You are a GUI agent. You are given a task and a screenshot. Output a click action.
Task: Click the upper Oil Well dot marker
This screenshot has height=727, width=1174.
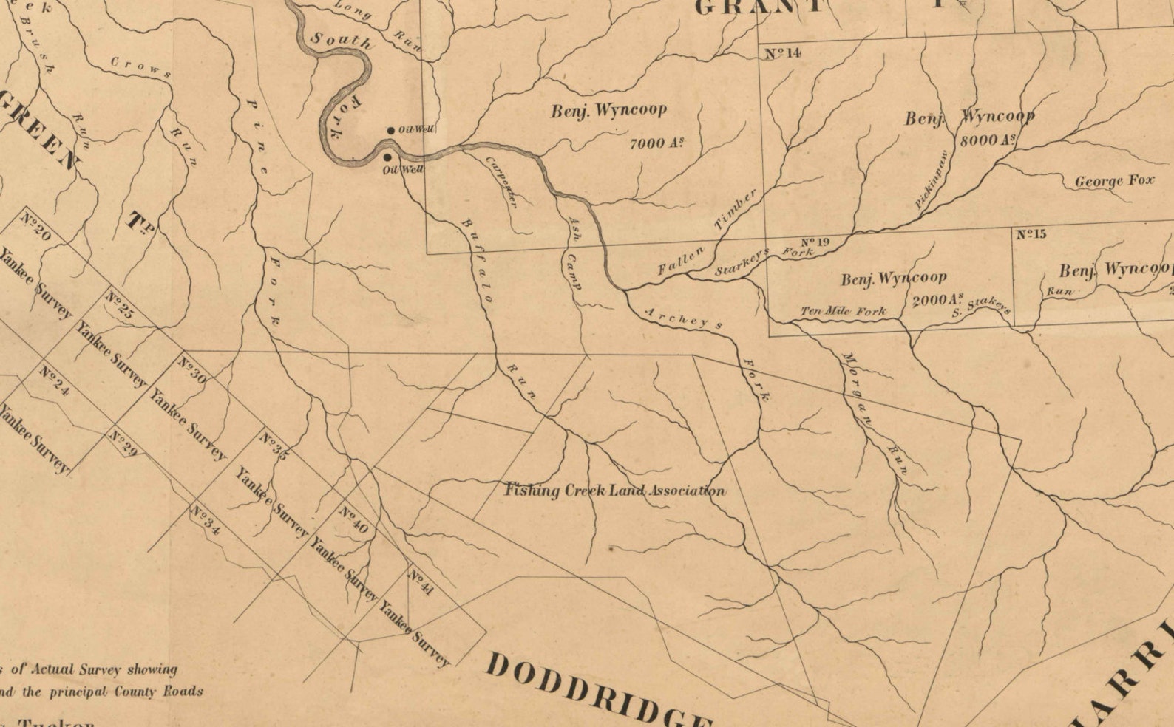391,131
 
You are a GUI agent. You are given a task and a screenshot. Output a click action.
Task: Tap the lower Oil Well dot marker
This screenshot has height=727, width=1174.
387,157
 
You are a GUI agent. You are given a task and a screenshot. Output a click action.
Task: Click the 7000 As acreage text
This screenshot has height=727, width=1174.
655,143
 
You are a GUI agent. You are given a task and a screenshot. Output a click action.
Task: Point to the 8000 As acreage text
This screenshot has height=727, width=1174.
987,139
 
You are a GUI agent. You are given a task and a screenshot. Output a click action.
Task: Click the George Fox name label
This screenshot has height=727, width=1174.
1113,181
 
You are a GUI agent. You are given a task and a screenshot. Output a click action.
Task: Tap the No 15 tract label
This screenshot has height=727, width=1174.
1031,234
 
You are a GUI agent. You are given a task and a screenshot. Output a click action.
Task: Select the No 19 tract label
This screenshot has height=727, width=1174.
815,242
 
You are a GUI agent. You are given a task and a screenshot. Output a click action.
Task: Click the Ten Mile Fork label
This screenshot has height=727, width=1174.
844,311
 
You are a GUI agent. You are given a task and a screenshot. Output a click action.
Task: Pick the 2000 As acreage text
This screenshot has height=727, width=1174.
938,300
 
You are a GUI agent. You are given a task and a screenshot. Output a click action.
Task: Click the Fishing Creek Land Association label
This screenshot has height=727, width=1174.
614,491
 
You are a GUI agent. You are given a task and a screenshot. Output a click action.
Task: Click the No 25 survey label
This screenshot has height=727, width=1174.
120,304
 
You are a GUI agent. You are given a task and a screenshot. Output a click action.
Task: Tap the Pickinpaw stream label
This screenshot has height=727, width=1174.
932,179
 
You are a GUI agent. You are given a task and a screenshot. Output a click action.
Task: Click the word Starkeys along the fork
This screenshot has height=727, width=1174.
742,262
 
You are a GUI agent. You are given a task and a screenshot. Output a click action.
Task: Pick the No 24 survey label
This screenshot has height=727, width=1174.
55,380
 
